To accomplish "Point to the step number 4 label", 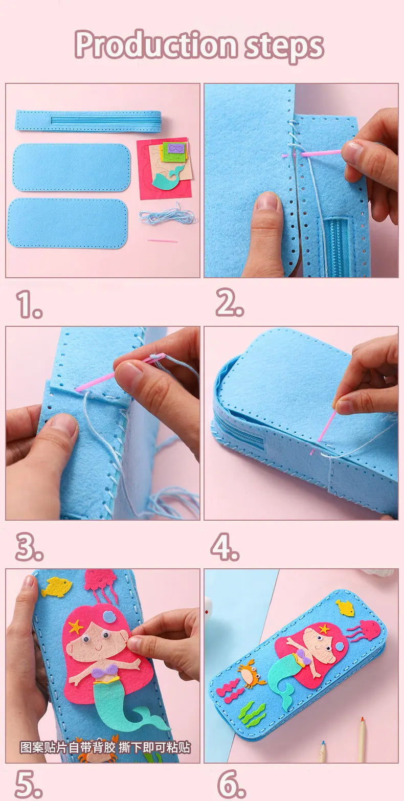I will [x=225, y=548].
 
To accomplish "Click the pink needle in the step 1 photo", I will [x=163, y=240].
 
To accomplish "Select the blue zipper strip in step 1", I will [x=88, y=121].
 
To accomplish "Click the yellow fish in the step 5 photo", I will [x=56, y=587].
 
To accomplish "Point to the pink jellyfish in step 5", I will [x=100, y=583].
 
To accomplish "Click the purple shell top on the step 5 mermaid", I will [x=105, y=673].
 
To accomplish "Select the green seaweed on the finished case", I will [x=253, y=713].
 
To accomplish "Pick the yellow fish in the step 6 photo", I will [x=345, y=607].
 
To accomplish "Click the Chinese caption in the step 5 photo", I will [x=105, y=747].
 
